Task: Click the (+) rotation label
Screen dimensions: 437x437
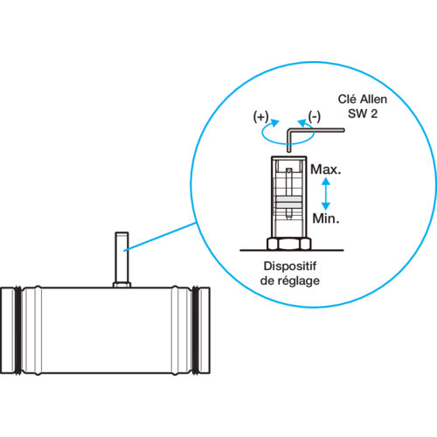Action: point(260,117)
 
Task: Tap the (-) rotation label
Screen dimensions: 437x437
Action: point(315,117)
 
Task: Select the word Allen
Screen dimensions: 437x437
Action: point(373,100)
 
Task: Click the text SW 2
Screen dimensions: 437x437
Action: point(363,114)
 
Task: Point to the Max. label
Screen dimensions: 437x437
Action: point(325,170)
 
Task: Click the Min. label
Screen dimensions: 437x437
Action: point(326,218)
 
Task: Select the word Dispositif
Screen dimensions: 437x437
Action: point(290,266)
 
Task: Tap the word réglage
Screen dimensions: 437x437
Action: point(298,281)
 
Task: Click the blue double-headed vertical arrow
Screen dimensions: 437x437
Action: point(326,194)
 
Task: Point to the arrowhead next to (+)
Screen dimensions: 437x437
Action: point(274,122)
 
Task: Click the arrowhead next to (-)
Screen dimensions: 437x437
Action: point(302,123)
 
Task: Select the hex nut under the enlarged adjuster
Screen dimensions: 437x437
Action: point(289,244)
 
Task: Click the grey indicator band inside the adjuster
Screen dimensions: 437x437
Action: point(288,202)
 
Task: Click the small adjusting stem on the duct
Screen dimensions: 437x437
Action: point(121,257)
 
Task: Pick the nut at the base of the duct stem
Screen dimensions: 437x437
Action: point(121,285)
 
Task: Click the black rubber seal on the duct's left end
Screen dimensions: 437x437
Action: point(18,330)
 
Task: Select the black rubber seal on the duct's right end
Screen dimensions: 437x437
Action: point(196,330)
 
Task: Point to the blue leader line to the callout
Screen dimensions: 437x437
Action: point(160,237)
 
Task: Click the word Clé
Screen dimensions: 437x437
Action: point(347,100)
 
